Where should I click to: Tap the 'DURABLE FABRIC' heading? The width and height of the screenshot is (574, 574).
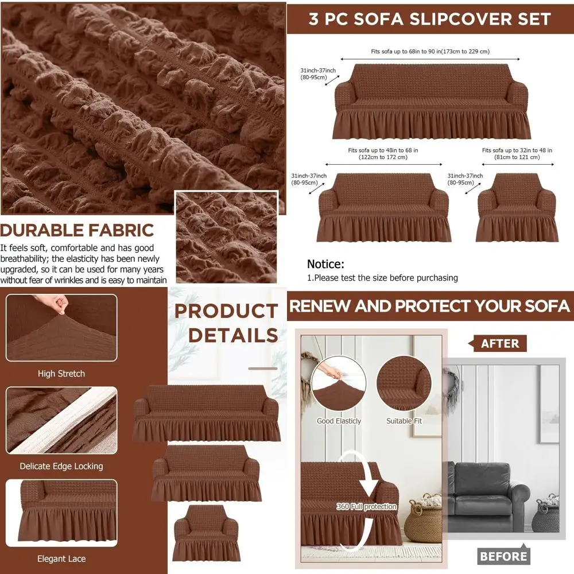(77, 230)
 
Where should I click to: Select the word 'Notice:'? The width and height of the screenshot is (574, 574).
(325, 264)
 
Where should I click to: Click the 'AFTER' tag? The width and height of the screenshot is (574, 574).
(499, 343)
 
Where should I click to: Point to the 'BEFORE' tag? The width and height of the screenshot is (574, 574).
(503, 556)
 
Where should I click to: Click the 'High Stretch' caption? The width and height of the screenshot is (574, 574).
(61, 374)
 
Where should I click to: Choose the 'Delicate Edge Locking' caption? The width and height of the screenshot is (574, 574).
(61, 466)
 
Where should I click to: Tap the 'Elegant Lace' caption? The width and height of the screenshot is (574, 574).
(61, 559)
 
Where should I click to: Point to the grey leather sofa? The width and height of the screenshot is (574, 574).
(488, 497)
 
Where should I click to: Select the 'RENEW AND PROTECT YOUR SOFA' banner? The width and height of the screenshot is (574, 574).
(429, 306)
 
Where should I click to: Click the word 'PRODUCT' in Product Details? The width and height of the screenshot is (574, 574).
(226, 312)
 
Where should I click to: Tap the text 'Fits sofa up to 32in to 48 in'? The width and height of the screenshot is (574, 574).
(517, 150)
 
